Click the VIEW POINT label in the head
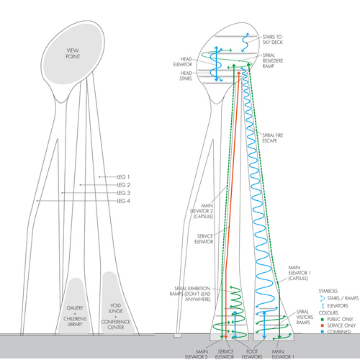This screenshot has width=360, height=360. (x=73, y=53)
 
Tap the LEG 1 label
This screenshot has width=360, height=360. (x=123, y=177)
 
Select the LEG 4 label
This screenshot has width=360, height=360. (x=124, y=201)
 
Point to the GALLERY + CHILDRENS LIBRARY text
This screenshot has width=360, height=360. (x=75, y=316)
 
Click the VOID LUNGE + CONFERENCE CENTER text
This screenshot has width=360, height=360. (x=115, y=316)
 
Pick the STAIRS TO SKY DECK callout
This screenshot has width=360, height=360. (x=273, y=40)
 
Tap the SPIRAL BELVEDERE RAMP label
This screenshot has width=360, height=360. (x=273, y=60)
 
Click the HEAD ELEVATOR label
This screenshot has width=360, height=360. (x=183, y=62)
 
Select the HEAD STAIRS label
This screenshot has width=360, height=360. (x=186, y=76)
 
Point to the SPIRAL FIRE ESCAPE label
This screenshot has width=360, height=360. (x=273, y=138)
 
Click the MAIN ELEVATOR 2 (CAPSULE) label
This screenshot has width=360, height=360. (x=202, y=211)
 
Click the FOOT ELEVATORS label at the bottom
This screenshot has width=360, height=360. (x=252, y=354)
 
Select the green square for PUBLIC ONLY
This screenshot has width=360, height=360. (x=323, y=320)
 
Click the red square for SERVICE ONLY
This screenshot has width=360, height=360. (x=323, y=325)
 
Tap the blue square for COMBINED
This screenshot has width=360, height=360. (x=323, y=332)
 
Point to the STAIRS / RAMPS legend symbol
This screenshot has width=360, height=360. (x=323, y=299)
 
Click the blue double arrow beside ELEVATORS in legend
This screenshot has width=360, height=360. (x=323, y=306)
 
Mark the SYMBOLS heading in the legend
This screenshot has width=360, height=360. (x=328, y=291)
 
